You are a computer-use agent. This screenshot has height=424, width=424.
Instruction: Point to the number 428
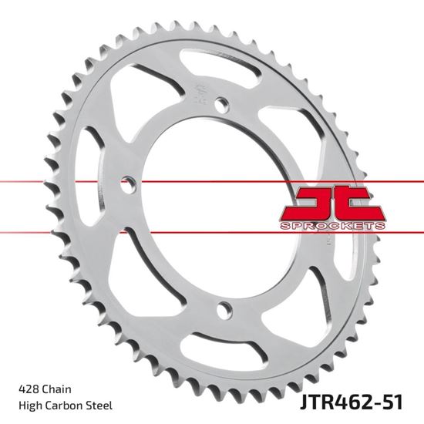[24, 388]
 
